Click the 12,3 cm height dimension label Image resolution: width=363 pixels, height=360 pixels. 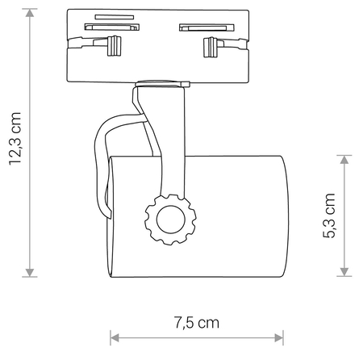tap(15, 137)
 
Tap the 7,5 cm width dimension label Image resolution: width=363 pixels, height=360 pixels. tap(196, 322)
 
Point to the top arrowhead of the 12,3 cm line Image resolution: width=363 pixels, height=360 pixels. tap(31, 14)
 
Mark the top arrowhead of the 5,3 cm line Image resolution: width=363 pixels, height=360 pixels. tap(344, 160)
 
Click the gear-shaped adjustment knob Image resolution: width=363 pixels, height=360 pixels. tap(171, 219)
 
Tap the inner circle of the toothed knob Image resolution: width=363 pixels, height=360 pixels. tap(171, 219)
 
